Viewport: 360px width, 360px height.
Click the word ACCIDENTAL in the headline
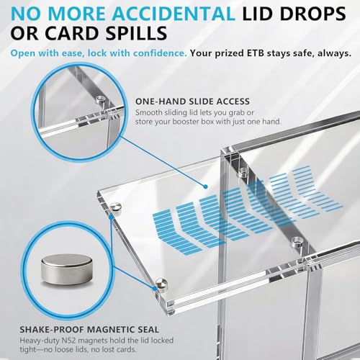pyautogui.click(x=174, y=14)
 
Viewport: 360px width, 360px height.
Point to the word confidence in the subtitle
pyautogui.click(x=160, y=53)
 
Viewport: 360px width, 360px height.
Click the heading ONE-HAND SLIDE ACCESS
pyautogui.click(x=192, y=102)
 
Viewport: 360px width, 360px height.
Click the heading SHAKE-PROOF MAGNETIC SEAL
pyautogui.click(x=89, y=330)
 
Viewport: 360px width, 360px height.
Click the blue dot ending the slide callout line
pyautogui.click(x=205, y=186)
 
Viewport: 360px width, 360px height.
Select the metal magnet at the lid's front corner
pyautogui.click(x=161, y=284)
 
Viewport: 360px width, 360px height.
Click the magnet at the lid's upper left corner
pyautogui.click(x=115, y=207)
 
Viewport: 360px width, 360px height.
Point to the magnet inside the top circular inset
pyautogui.click(x=101, y=99)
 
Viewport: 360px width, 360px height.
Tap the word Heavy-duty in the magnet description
pyautogui.click(x=40, y=341)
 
